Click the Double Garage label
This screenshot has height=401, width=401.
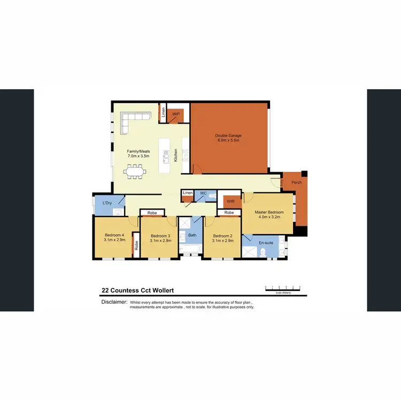pos(228,137)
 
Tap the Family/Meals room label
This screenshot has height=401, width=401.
pos(138,153)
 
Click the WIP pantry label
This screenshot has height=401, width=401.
pos(175,114)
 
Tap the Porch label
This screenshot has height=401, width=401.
pos(296,182)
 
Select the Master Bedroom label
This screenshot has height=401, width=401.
pos(268,214)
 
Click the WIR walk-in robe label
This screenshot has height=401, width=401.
pos(230,201)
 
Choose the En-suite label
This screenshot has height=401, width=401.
pos(266,243)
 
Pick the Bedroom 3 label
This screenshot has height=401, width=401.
pos(160,238)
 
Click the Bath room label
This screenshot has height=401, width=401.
pos(192,235)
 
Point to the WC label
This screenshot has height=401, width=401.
pos(203,192)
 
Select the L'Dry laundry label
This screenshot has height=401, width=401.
pos(106,203)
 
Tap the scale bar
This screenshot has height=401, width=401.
pos(283,288)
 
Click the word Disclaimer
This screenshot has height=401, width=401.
pos(114,302)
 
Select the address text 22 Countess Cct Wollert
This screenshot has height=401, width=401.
pos(137,291)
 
